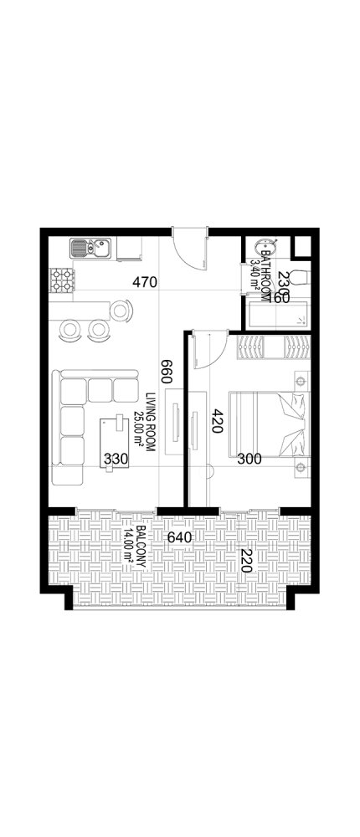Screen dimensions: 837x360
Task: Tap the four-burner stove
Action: (x=60, y=280)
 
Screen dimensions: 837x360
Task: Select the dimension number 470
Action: (x=145, y=283)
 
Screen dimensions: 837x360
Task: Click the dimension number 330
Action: (x=115, y=459)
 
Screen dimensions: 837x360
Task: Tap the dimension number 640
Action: (x=179, y=537)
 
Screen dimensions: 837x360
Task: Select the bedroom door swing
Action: (x=206, y=352)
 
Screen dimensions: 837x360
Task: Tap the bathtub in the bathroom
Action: (x=277, y=316)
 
